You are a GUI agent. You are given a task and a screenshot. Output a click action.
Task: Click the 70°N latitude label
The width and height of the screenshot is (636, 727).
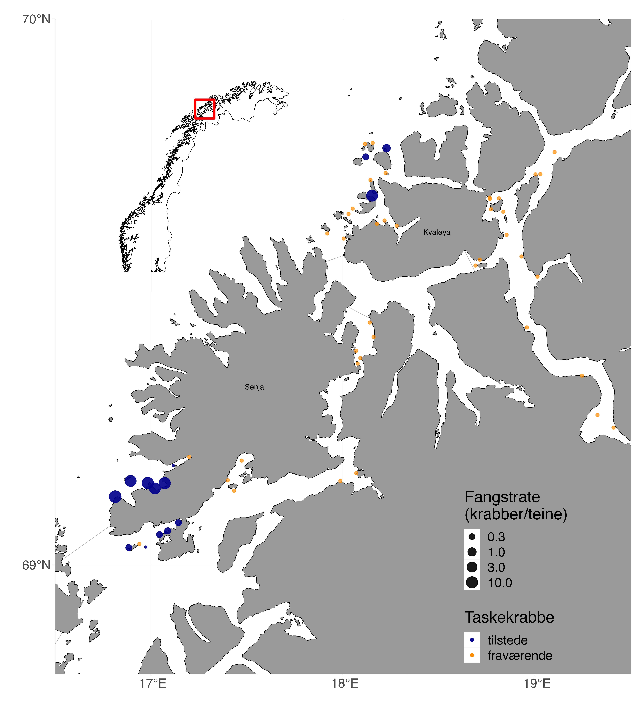click(x=36, y=20)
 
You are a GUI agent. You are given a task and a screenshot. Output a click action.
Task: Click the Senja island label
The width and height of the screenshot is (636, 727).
click(x=254, y=387)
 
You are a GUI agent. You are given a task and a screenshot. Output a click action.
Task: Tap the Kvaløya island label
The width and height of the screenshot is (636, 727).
click(x=437, y=233)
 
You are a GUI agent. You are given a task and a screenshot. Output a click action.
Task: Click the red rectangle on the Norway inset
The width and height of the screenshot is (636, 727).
click(x=205, y=109)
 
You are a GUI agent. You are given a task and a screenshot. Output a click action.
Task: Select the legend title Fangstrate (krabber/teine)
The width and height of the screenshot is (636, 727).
click(x=515, y=505)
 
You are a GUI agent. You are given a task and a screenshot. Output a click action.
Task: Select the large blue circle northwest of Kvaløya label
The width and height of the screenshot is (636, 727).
click(x=372, y=195)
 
